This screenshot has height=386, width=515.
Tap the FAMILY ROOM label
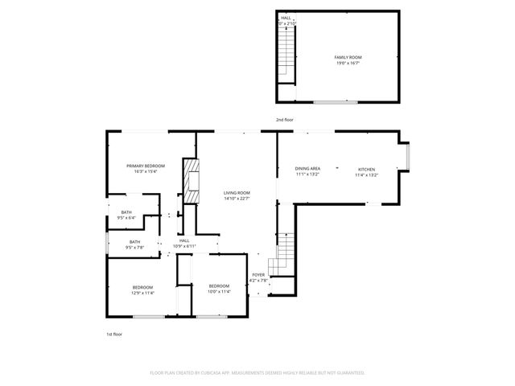pyautogui.click(x=348, y=57)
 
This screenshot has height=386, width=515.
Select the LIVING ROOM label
pyautogui.click(x=237, y=193)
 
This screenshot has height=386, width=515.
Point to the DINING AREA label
pyautogui.click(x=307, y=169)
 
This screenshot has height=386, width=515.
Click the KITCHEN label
pyautogui.click(x=366, y=169)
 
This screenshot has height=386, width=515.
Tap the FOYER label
pyautogui.click(x=258, y=275)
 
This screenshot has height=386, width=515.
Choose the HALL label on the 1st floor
pyautogui.click(x=184, y=240)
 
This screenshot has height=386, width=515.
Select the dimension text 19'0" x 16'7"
pyautogui.click(x=348, y=63)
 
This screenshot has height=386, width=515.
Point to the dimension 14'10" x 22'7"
pyautogui.click(x=237, y=199)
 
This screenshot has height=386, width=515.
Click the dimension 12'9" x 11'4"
pyautogui.click(x=142, y=293)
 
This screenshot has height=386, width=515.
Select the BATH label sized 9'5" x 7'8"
pyautogui.click(x=134, y=241)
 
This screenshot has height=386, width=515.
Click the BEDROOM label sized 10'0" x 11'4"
pyautogui.click(x=219, y=286)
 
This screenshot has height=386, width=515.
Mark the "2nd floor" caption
pyautogui.click(x=285, y=120)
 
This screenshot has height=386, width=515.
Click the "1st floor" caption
pyautogui.click(x=114, y=334)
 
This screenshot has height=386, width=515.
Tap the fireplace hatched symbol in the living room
pyautogui.click(x=192, y=183)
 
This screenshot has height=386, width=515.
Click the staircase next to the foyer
pyautogui.click(x=282, y=255)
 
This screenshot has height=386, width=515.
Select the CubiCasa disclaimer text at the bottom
pyautogui.click(x=257, y=372)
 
